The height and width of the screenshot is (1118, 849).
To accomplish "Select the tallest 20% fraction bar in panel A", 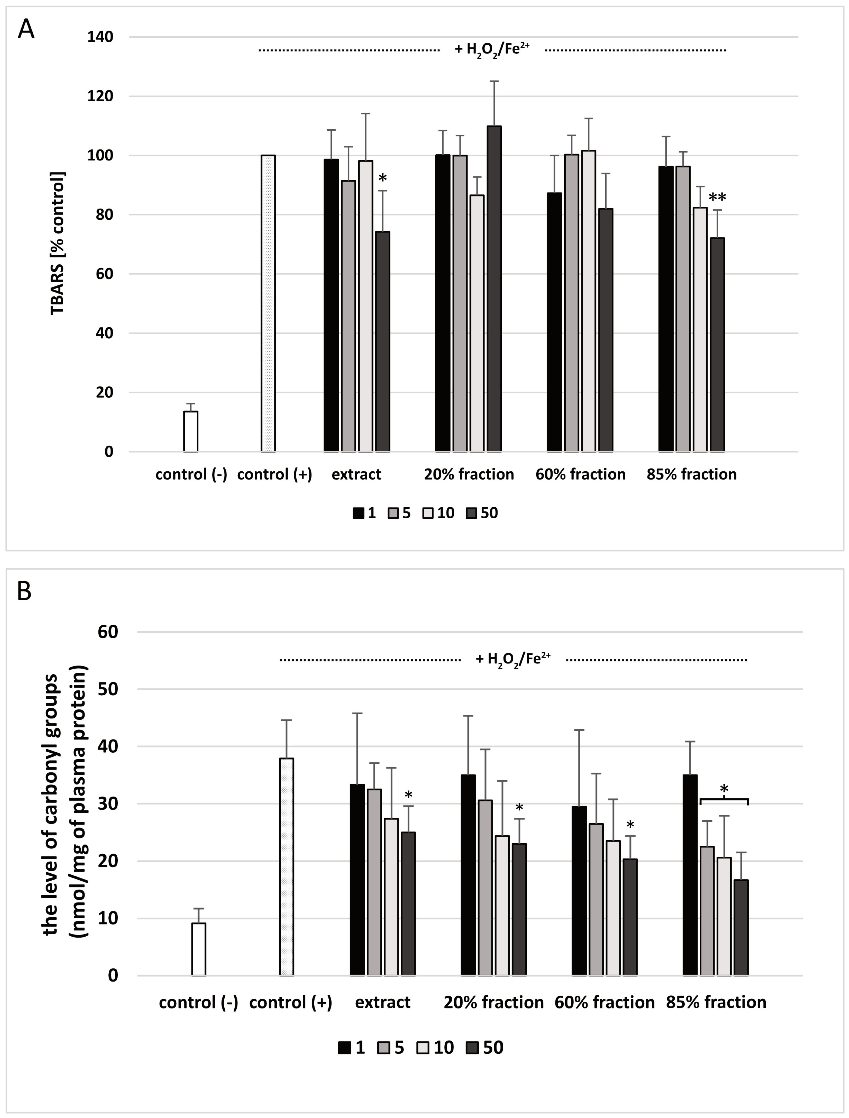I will tap(494, 288).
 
